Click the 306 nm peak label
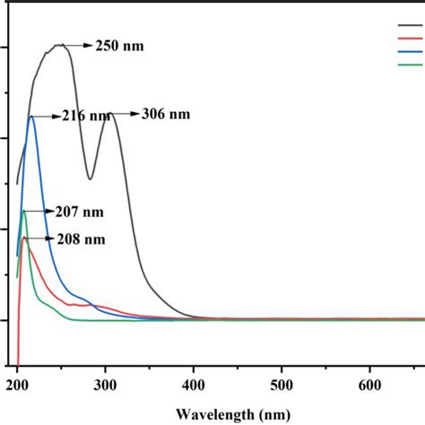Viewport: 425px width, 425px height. point(166,115)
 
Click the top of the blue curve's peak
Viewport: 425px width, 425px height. point(31,117)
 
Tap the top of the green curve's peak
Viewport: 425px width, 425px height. point(24,212)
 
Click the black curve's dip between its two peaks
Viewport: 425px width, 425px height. point(91,178)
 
